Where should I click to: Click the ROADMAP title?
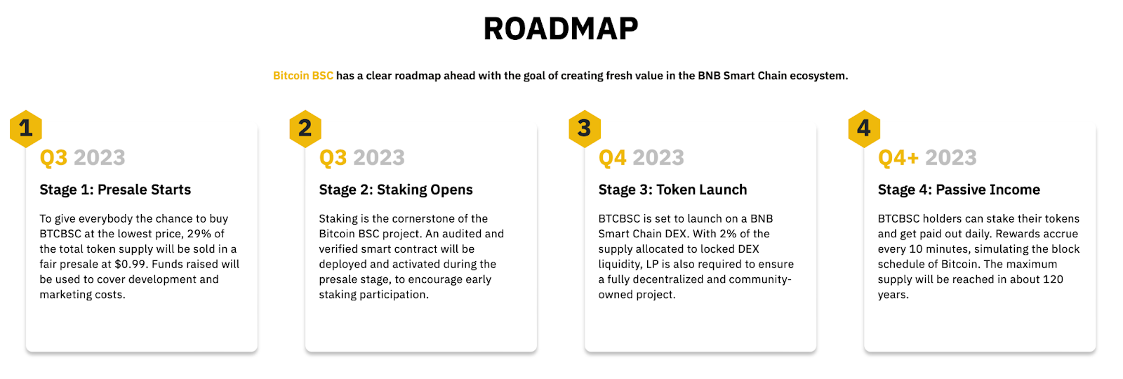[561, 29]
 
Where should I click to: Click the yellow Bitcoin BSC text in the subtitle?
[303, 76]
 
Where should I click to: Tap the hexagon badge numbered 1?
[25, 129]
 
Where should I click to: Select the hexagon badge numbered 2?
[305, 129]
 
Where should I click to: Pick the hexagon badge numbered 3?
[585, 129]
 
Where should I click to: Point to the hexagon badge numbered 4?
[864, 129]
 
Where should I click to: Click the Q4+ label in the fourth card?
[898, 157]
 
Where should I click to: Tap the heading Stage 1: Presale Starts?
[115, 189]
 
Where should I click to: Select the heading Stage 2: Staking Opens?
[396, 189]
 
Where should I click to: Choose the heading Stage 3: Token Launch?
[672, 189]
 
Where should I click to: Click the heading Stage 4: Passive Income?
[959, 189]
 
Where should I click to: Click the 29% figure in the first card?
[199, 234]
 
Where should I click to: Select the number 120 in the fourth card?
[1053, 279]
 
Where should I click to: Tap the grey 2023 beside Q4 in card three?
[658, 157]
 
